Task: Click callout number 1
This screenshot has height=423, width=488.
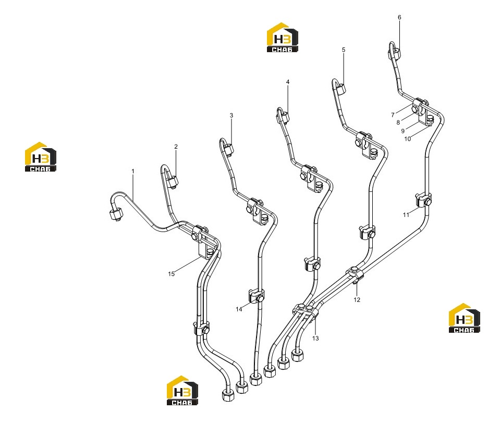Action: tap(133, 171)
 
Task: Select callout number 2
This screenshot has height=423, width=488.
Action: tap(176, 147)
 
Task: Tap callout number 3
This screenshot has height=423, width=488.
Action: tap(231, 115)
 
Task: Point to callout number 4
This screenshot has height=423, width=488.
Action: tap(288, 82)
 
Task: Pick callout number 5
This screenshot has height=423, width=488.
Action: tap(344, 50)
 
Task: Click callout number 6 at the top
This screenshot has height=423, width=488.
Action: tap(399, 17)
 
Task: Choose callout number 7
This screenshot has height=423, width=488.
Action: tap(393, 115)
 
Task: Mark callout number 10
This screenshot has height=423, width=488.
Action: tap(407, 139)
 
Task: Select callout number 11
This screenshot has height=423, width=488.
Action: tap(406, 215)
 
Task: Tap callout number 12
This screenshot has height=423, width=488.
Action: tap(357, 300)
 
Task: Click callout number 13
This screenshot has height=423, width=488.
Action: tap(315, 339)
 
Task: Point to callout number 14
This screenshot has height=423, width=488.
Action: tap(239, 309)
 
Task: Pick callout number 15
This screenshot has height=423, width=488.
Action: tap(171, 274)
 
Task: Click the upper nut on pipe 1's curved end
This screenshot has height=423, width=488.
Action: tap(116, 214)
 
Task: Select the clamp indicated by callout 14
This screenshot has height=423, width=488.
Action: tap(256, 295)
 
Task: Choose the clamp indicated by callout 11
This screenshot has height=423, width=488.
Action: tap(423, 200)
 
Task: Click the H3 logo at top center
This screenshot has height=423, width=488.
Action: tap(282, 38)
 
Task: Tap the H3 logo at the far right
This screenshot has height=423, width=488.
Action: tap(464, 318)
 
